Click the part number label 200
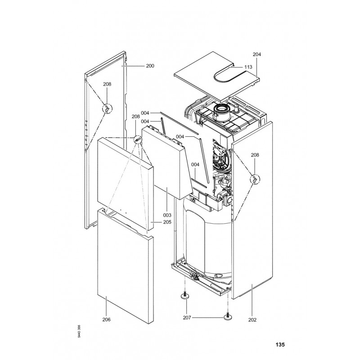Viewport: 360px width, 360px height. (x=150, y=66)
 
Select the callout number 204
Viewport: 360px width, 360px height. (x=257, y=54)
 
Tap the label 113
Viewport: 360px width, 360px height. (x=248, y=66)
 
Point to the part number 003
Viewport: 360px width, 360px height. (x=167, y=215)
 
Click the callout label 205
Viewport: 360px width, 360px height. (x=155, y=222)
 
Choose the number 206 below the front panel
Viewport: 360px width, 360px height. (x=106, y=319)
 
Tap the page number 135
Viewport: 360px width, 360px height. (x=280, y=346)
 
